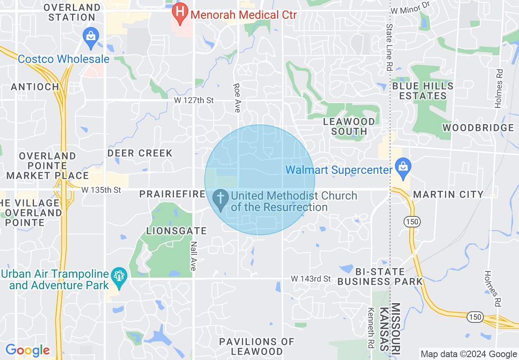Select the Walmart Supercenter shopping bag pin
[403, 169]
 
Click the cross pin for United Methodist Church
[221, 199]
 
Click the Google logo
[27, 350]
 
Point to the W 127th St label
[194, 100]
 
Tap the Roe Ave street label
[237, 98]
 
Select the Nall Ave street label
[194, 256]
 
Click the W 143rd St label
[311, 279]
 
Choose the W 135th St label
[102, 190]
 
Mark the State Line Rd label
[389, 47]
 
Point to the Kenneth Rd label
[371, 327]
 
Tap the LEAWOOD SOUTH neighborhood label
[349, 126]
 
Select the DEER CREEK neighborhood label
[140, 153]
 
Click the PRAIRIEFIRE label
[172, 194]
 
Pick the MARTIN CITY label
[448, 194]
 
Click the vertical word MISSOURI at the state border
[395, 327]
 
